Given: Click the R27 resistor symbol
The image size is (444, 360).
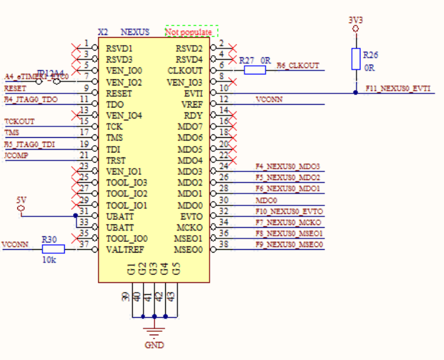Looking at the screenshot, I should click(255, 70).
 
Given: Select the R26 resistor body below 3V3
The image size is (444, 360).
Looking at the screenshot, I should click(355, 59).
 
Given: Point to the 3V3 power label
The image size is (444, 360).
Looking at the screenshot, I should click(355, 20).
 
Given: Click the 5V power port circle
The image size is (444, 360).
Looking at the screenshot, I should click(21, 209).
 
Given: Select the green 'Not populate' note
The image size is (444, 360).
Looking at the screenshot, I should click(191, 32).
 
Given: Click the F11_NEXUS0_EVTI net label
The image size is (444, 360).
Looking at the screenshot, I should click(398, 88).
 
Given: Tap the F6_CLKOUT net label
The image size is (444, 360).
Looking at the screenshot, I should click(298, 66).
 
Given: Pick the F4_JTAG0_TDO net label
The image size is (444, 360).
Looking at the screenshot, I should click(31, 100).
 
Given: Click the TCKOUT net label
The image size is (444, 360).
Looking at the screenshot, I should click(19, 121).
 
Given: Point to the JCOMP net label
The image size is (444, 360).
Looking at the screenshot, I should click(15, 155).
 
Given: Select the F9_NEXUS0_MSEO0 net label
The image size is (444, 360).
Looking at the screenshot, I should click(289, 245).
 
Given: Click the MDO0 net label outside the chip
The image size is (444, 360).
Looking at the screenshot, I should click(266, 200).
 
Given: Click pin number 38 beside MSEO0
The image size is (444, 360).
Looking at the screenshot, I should click(224, 244).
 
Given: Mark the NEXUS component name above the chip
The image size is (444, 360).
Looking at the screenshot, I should click(135, 32).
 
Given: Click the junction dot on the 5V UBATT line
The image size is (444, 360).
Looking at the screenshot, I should click(76, 215).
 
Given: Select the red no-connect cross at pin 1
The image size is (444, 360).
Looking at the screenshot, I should click(76, 48).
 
